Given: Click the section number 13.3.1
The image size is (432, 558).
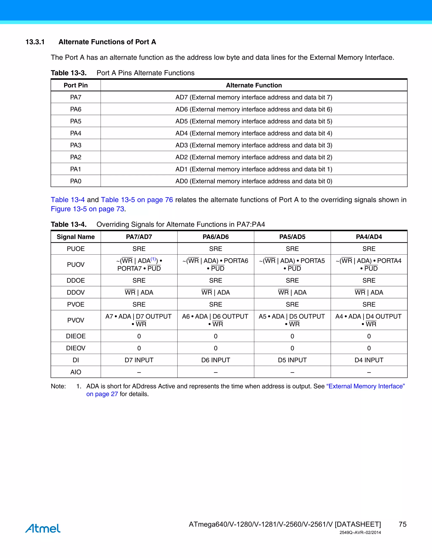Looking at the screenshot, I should click(x=35, y=42).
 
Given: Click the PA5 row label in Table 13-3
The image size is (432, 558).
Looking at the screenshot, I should click(x=76, y=121).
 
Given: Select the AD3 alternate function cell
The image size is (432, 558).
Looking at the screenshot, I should click(x=254, y=145).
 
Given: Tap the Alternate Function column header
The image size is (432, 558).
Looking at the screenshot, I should click(x=254, y=85).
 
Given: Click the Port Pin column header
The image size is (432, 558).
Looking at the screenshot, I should click(x=76, y=85).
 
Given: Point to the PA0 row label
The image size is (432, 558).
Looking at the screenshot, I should click(x=76, y=181).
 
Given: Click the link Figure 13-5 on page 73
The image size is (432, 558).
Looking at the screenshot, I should click(x=88, y=209).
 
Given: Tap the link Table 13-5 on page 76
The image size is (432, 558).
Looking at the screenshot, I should click(x=137, y=200).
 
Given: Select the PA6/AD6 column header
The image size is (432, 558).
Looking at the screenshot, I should click(x=216, y=237).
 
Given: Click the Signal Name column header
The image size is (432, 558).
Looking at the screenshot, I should click(x=76, y=237).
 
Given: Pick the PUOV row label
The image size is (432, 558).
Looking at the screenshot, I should click(x=76, y=265).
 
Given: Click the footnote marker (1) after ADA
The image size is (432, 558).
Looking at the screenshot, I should click(x=153, y=259).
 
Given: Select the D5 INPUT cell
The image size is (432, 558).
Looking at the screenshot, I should click(x=292, y=360).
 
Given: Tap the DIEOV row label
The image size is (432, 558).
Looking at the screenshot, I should click(x=76, y=348).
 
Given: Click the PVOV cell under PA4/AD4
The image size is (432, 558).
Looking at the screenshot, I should click(x=369, y=320).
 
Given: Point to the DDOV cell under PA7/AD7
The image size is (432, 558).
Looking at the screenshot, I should click(x=139, y=292).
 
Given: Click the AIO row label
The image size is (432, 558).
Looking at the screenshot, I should click(x=76, y=372).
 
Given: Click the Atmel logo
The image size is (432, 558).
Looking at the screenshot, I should click(x=43, y=528).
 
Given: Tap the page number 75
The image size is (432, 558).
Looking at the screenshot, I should click(x=402, y=524).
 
